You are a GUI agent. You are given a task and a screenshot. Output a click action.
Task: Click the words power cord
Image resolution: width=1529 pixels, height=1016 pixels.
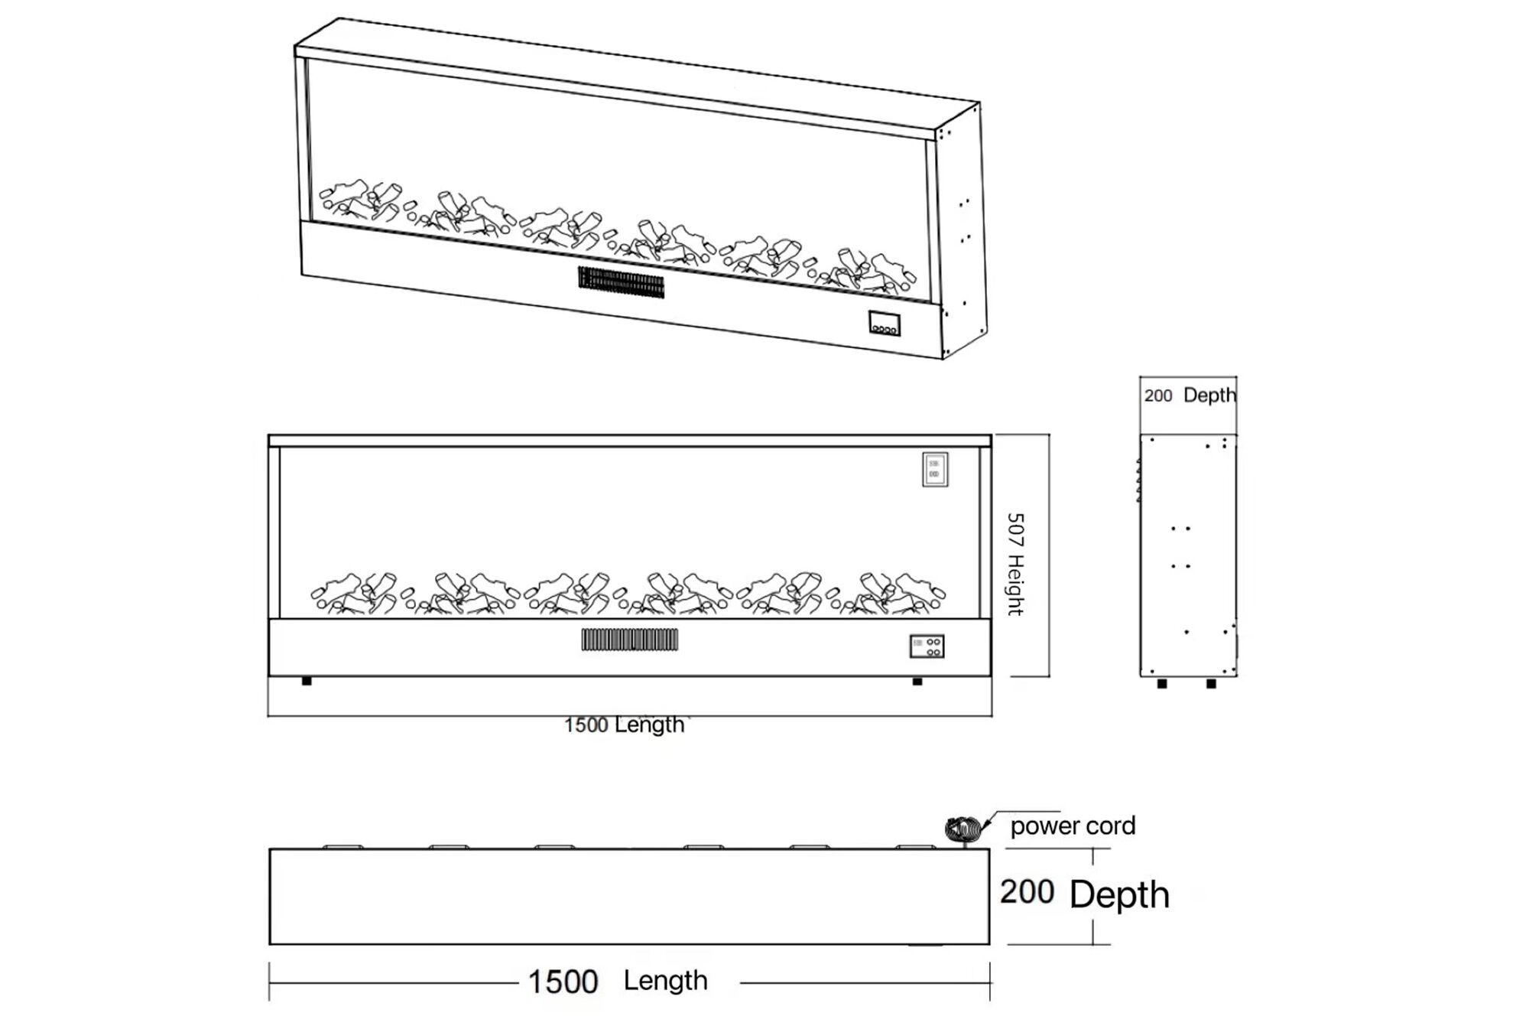[x=1073, y=826]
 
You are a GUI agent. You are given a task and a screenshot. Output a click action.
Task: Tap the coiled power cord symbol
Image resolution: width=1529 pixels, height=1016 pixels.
[x=963, y=829]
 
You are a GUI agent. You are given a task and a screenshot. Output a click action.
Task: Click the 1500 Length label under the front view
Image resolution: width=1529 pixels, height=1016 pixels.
[x=624, y=725]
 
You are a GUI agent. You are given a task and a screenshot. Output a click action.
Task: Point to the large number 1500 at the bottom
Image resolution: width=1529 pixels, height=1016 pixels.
[x=563, y=982]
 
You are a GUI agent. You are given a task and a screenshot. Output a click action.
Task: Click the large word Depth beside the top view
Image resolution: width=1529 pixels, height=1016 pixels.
[x=1119, y=894]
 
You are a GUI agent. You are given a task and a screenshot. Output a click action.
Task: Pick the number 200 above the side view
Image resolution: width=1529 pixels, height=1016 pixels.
[x=1157, y=396]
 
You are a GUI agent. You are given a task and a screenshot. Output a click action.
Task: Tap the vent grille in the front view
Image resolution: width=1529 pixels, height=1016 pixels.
[x=629, y=640]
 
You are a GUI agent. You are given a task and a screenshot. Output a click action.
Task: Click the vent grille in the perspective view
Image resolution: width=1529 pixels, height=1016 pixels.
[x=621, y=282]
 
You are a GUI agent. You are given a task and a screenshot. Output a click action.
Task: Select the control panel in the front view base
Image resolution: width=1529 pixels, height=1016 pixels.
[x=927, y=646]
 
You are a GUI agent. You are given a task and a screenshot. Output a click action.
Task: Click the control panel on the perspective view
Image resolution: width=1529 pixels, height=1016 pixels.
[x=884, y=324]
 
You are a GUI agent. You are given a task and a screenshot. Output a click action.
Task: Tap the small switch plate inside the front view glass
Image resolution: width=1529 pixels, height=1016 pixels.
[x=935, y=469]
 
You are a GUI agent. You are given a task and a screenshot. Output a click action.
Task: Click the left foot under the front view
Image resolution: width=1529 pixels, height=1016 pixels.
[x=307, y=681]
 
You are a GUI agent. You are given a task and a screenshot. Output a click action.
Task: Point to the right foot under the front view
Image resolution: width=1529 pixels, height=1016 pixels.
[x=917, y=681]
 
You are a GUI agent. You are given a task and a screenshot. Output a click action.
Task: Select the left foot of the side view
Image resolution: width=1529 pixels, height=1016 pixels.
[x=1162, y=683]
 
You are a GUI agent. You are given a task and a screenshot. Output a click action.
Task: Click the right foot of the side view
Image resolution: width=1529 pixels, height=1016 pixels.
[x=1211, y=683]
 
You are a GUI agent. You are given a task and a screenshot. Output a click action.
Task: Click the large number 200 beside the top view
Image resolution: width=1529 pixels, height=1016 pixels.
[x=1027, y=892]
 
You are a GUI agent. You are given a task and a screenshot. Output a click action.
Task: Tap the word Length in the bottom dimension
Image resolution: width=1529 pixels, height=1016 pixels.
[x=665, y=981]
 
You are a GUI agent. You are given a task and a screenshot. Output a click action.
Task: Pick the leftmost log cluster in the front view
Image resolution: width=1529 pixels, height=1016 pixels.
[x=354, y=594]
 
